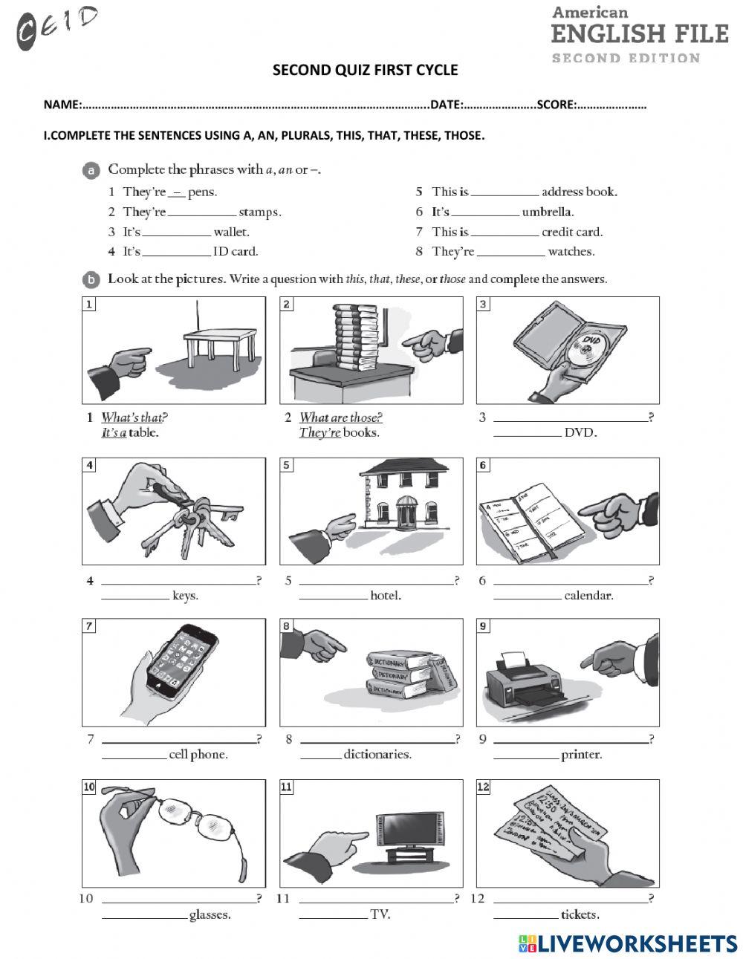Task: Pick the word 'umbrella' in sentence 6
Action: [x=547, y=212]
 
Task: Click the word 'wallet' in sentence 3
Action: [x=231, y=232]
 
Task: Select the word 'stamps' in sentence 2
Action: [x=259, y=212]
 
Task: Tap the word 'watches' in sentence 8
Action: [x=571, y=252]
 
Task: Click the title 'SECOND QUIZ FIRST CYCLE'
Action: [x=365, y=71]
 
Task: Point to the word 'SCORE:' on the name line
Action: [x=557, y=105]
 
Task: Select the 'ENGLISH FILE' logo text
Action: [x=639, y=34]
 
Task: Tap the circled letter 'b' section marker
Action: [x=91, y=280]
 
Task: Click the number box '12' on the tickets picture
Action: [x=484, y=787]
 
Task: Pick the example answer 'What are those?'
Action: [x=340, y=417]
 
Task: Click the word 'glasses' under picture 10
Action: [x=210, y=915]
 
